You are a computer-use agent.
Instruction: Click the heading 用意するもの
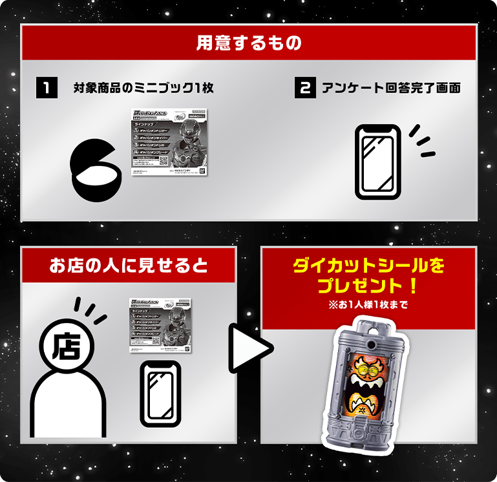click(249, 43)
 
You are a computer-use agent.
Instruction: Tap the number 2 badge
click(304, 88)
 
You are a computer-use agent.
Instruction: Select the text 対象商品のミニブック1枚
click(143, 88)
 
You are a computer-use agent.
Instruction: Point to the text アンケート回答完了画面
click(391, 88)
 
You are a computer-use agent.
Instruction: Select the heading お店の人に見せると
click(129, 265)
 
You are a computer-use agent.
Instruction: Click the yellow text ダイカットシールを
click(368, 266)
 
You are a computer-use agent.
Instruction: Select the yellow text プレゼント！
click(368, 285)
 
